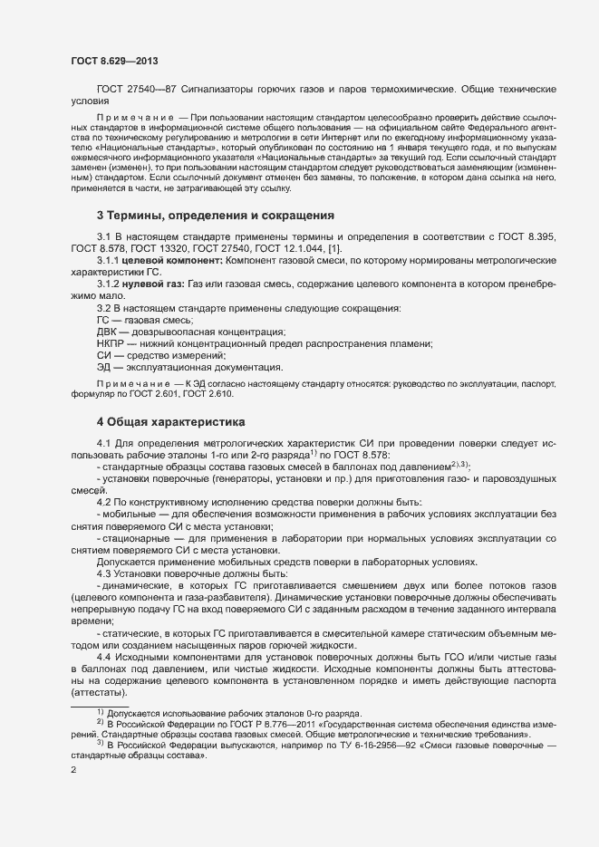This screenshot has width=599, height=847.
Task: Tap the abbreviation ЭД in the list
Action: tap(104, 367)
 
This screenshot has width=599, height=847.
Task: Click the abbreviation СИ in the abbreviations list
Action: tap(104, 355)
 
